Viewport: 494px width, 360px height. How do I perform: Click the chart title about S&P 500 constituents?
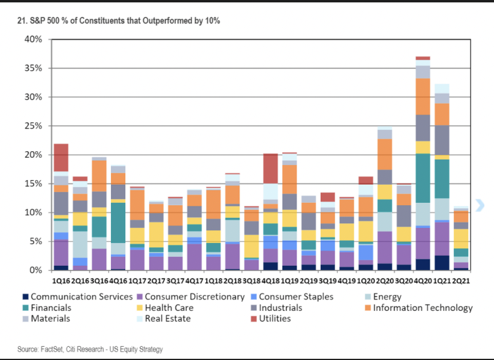pyautogui.click(x=118, y=21)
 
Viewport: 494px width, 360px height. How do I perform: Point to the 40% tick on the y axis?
pyautogui.click(x=34, y=40)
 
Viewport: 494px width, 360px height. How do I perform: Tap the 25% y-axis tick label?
pyautogui.click(x=34, y=126)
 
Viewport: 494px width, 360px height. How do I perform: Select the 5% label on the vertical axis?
pyautogui.click(x=35, y=241)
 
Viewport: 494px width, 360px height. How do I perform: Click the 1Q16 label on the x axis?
pyautogui.click(x=61, y=279)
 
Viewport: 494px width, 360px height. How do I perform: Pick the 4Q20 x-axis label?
pyautogui.click(x=423, y=279)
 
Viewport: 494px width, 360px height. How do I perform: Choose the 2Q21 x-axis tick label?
pyautogui.click(x=461, y=279)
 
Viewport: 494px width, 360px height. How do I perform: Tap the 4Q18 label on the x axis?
pyautogui.click(x=271, y=279)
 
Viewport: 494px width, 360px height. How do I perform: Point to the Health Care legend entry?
pyautogui.click(x=166, y=307)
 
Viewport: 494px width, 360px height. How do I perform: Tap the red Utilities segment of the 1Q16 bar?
pyautogui.click(x=61, y=157)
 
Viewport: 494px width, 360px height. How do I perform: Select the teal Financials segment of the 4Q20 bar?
pyautogui.click(x=423, y=178)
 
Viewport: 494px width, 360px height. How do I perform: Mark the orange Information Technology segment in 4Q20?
pyautogui.click(x=423, y=96)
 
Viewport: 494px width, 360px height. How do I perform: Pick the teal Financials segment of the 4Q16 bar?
pyautogui.click(x=118, y=223)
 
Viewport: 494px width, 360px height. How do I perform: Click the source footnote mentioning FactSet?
pyautogui.click(x=89, y=349)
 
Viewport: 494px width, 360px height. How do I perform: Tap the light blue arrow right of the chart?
pyautogui.click(x=479, y=206)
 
